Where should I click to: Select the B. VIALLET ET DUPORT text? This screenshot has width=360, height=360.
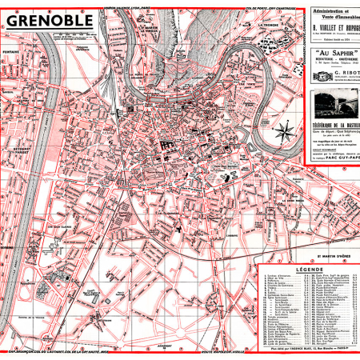pyautogui.click(x=333, y=30)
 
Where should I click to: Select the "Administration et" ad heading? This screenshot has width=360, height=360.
pyautogui.click(x=333, y=10)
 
